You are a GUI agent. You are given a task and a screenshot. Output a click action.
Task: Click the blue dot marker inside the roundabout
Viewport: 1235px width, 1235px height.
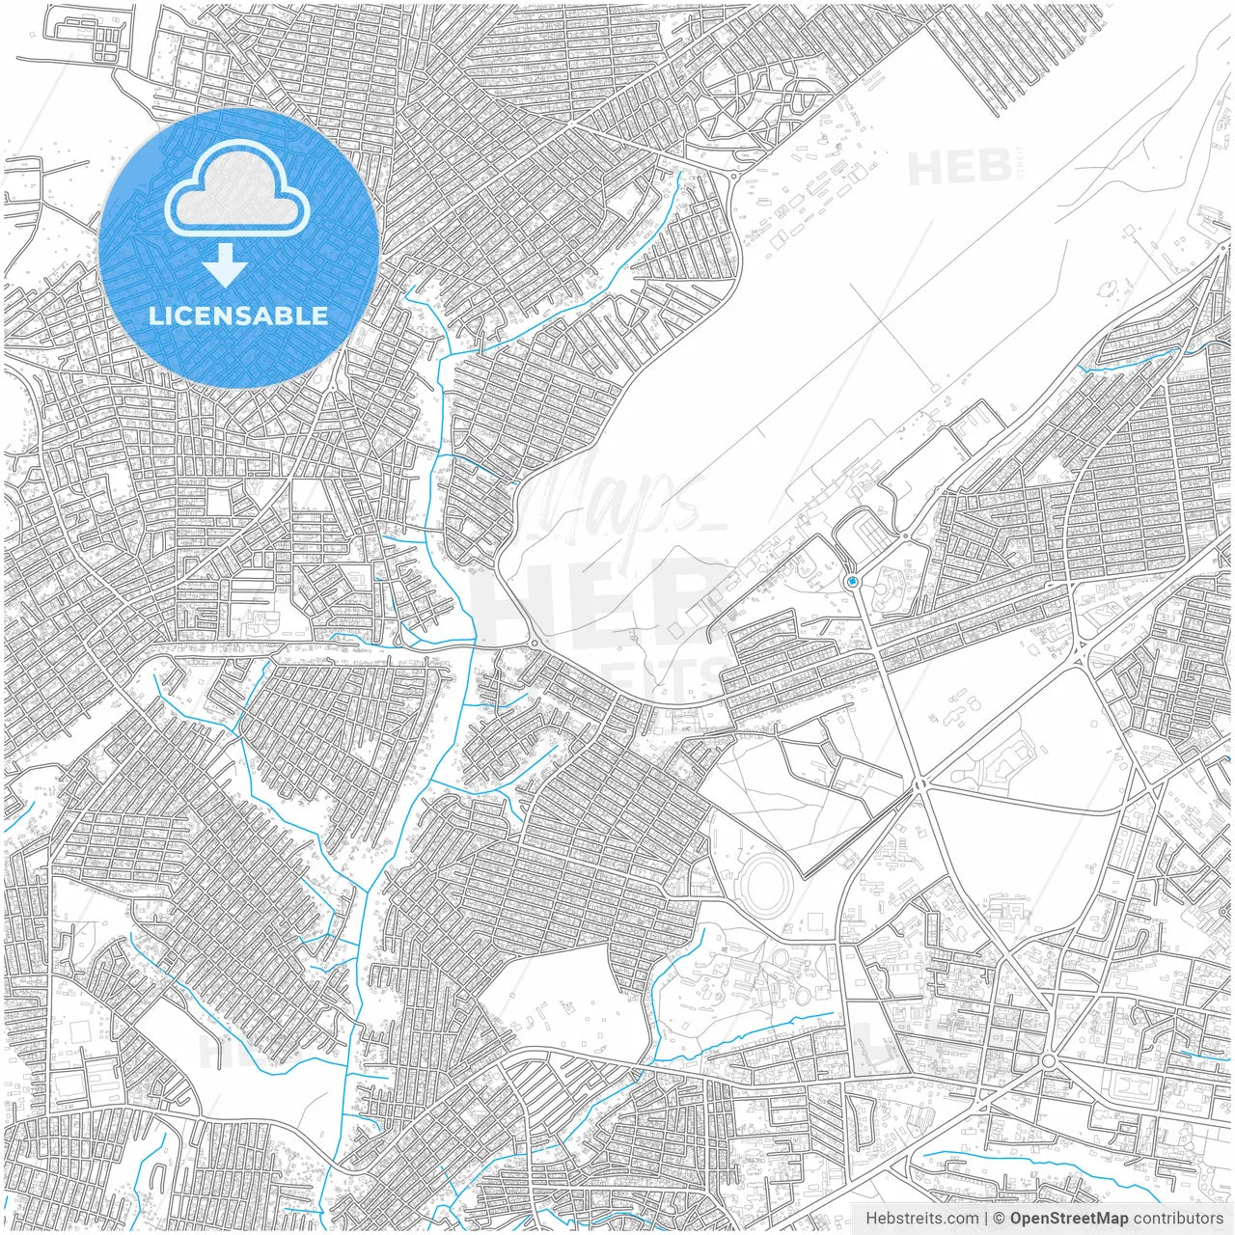pos(853,582)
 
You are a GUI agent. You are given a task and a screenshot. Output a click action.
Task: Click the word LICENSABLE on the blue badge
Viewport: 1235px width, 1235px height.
pos(237,316)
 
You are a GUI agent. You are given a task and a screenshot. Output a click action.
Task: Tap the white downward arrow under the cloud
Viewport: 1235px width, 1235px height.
pos(226,265)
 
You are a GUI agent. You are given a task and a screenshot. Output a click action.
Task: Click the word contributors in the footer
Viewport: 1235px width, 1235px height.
pos(1178,1219)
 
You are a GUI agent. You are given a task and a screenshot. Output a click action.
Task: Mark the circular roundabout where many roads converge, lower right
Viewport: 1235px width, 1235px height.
pos(1048,1061)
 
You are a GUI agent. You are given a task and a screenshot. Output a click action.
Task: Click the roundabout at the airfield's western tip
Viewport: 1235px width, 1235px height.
pos(533,644)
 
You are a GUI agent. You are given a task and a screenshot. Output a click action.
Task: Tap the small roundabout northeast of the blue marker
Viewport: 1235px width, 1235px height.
pos(905,535)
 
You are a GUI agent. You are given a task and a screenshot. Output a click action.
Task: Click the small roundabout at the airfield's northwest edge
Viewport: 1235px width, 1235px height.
pos(735,177)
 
